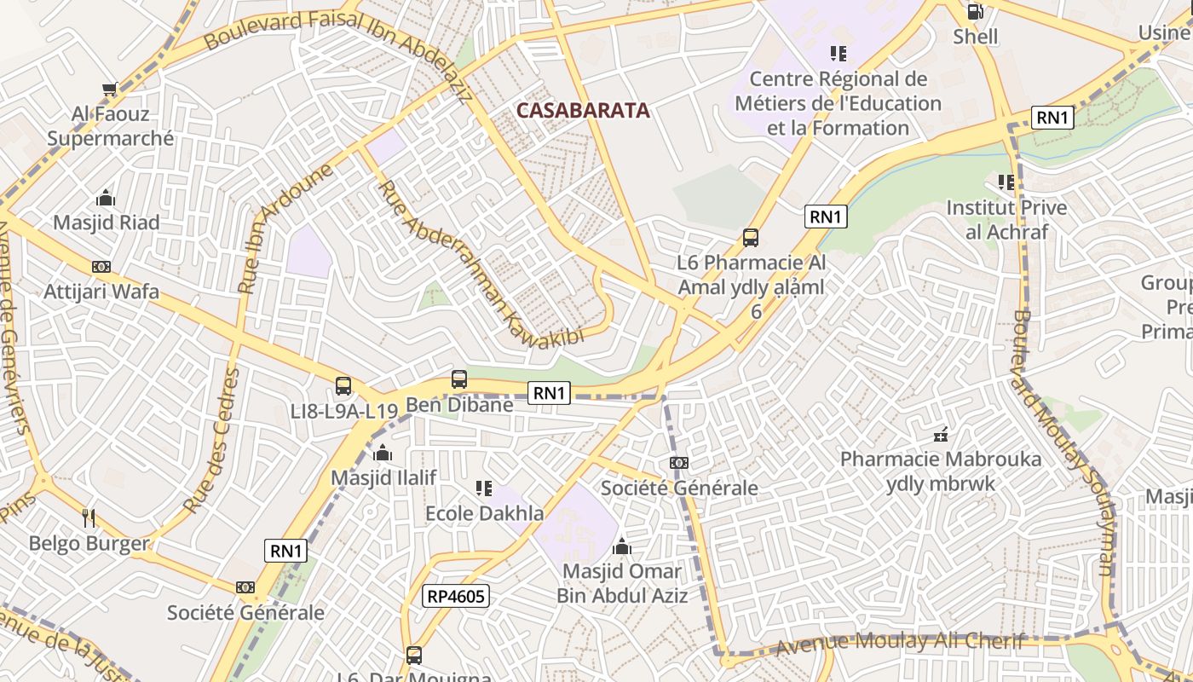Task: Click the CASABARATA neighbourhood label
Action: pyautogui.click(x=583, y=110)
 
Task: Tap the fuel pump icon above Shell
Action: pyautogui.click(x=975, y=12)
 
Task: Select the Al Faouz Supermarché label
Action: pyautogui.click(x=110, y=126)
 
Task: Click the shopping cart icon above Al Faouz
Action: pyautogui.click(x=109, y=89)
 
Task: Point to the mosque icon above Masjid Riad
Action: pyautogui.click(x=106, y=198)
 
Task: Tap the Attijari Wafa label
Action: pyautogui.click(x=101, y=292)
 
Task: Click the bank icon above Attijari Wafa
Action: pyautogui.click(x=101, y=267)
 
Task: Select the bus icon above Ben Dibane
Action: pyautogui.click(x=459, y=379)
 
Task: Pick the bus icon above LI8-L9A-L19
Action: pyautogui.click(x=343, y=386)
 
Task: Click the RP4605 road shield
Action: pyautogui.click(x=457, y=596)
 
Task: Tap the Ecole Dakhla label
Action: pyautogui.click(x=484, y=513)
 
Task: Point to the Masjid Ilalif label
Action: pyautogui.click(x=383, y=477)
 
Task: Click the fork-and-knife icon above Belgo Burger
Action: pyautogui.click(x=89, y=517)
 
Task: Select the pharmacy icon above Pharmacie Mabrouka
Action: pyautogui.click(x=941, y=435)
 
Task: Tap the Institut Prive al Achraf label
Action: pyautogui.click(x=1006, y=219)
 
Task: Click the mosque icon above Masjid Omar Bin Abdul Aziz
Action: pyautogui.click(x=622, y=546)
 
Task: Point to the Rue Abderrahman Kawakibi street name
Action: pyautogui.click(x=481, y=264)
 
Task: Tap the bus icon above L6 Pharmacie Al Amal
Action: pyautogui.click(x=751, y=238)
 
